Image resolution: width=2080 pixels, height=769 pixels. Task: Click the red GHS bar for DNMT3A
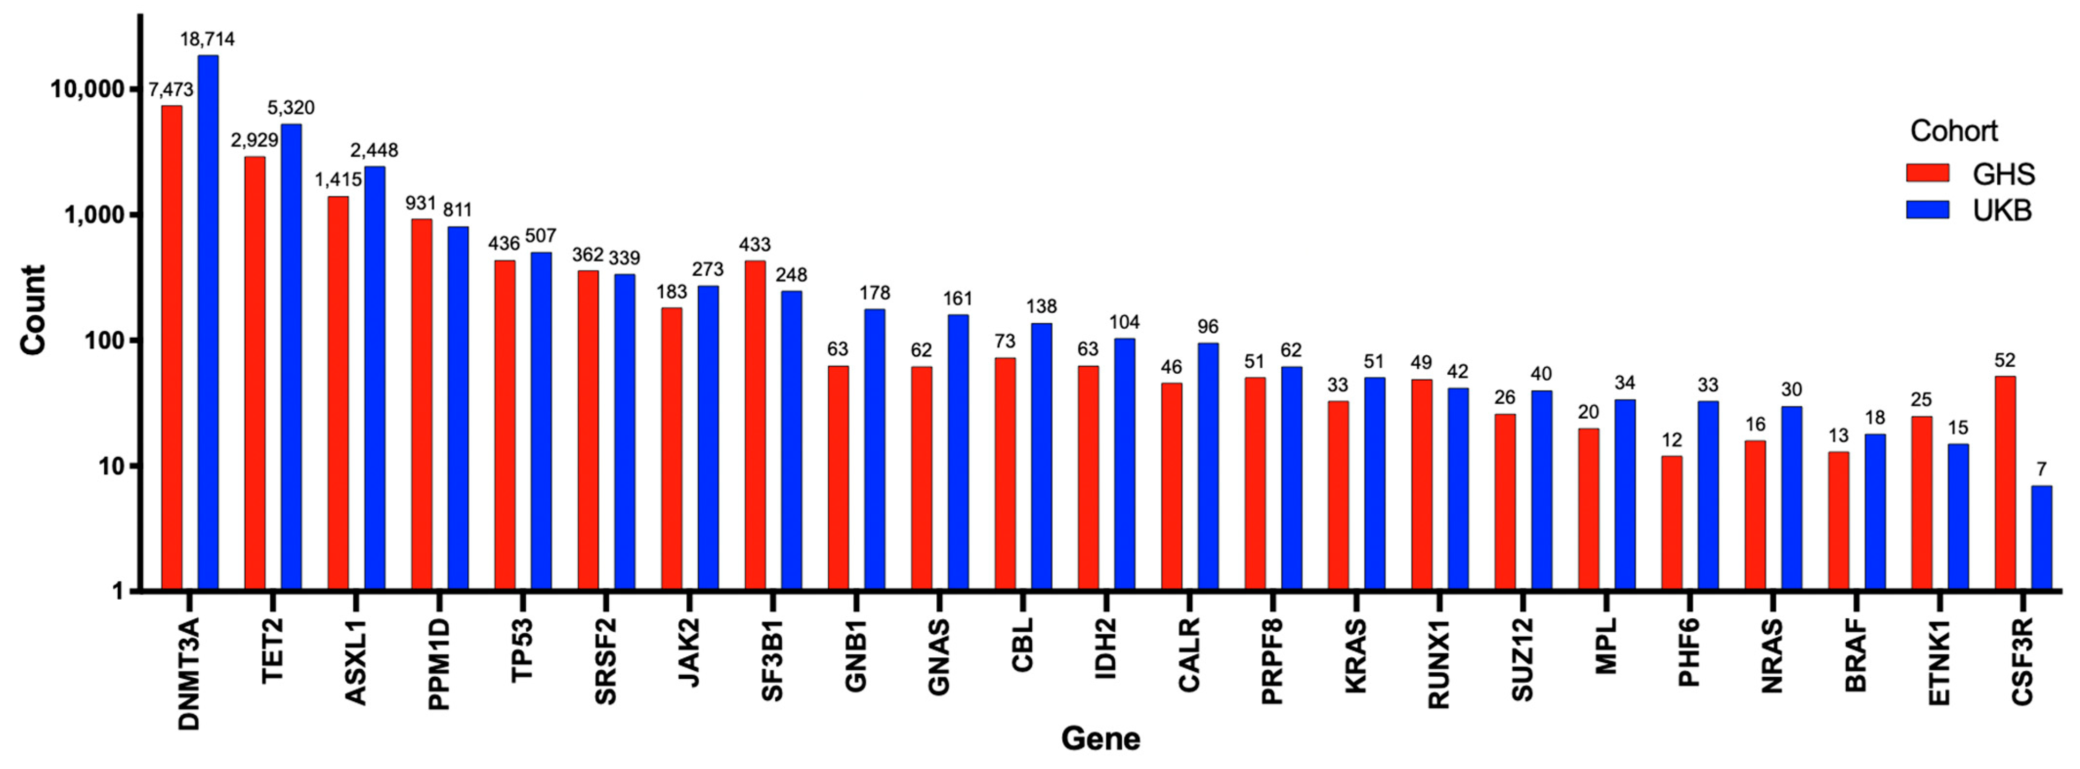(x=171, y=347)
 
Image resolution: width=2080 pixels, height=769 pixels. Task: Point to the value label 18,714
(x=208, y=39)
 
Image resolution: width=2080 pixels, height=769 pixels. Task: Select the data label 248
(x=791, y=275)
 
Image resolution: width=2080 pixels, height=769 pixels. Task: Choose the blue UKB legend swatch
(x=1927, y=210)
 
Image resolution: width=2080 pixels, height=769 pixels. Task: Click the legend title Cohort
(x=1953, y=131)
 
